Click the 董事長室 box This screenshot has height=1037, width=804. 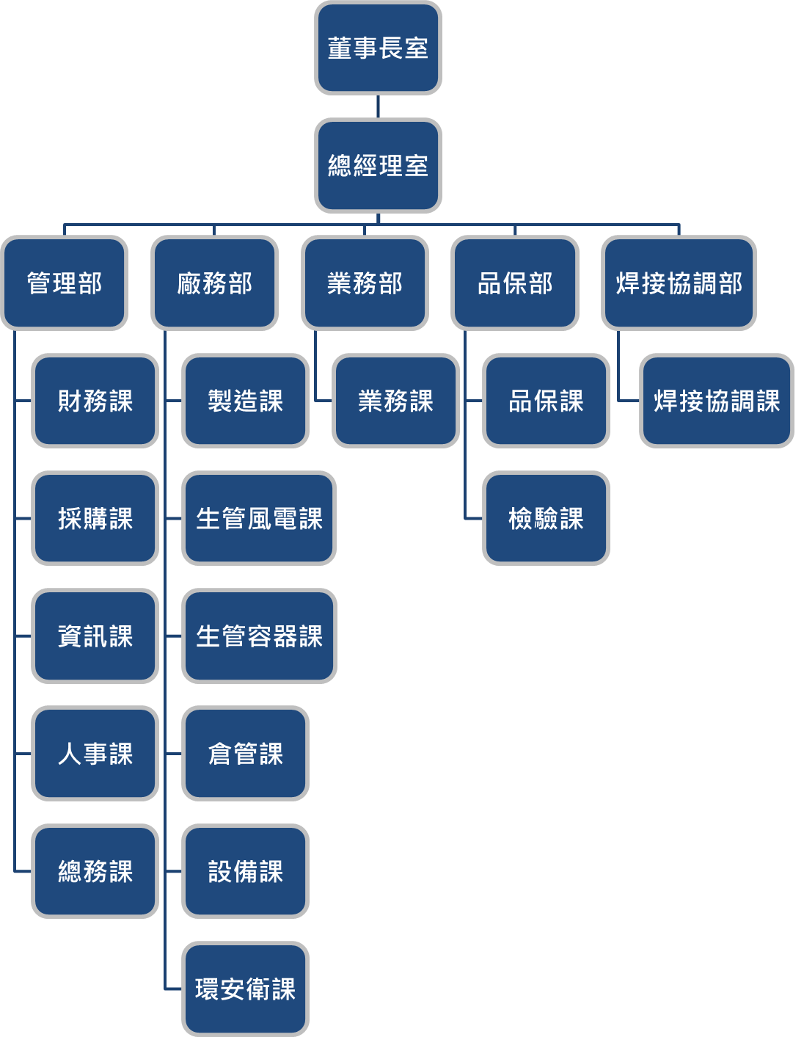378,48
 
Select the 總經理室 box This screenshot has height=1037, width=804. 378,166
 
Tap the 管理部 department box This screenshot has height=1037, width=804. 65,283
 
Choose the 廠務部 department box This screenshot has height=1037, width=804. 214,283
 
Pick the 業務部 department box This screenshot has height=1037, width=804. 365,283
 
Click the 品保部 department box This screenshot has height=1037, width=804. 515,283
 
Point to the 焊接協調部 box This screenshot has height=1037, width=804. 679,283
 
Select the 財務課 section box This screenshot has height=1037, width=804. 95,401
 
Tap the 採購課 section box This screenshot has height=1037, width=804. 95,518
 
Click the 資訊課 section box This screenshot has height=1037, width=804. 95,636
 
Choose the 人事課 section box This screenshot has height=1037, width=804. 95,753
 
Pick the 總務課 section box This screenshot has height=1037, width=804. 95,871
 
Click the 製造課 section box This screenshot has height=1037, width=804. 245,401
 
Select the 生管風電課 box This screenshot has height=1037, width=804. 259,518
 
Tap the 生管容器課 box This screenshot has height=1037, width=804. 259,636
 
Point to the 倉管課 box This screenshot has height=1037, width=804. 245,753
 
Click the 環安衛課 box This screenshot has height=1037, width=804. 245,989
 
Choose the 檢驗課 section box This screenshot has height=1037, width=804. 546,518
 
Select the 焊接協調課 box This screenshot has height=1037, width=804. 717,401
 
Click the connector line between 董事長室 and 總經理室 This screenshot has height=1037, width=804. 378,106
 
